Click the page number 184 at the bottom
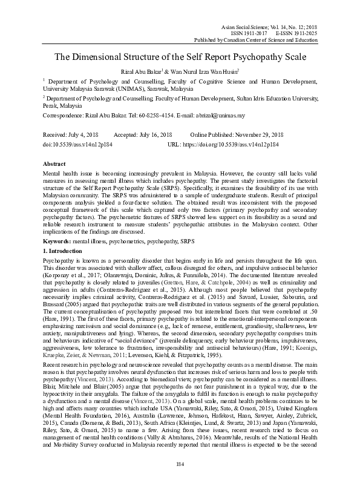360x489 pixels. coord(180,463)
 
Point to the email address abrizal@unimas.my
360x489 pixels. coord(203,115)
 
